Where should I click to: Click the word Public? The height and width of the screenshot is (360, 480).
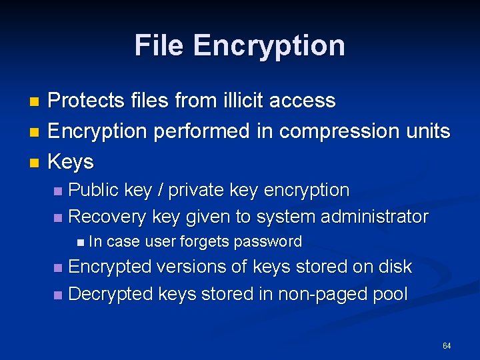click(95, 190)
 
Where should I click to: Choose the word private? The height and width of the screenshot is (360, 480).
click(196, 190)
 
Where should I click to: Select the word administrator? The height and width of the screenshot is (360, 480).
click(375, 217)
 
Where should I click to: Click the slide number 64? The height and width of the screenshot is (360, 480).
click(446, 345)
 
